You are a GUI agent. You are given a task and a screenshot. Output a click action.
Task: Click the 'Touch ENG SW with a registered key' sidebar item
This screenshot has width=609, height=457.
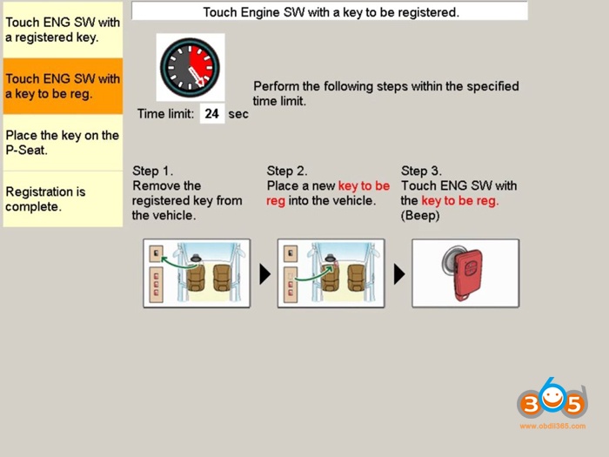pyautogui.click(x=63, y=30)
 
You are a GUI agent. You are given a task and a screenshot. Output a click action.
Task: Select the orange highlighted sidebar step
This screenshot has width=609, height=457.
pyautogui.click(x=63, y=86)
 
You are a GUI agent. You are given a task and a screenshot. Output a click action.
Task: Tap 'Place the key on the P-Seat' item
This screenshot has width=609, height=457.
pyautogui.click(x=63, y=143)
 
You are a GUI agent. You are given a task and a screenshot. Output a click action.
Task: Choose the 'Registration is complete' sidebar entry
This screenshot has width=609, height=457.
pyautogui.click(x=63, y=199)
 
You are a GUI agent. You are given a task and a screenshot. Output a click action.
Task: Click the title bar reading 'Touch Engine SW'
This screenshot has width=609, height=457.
pyautogui.click(x=330, y=12)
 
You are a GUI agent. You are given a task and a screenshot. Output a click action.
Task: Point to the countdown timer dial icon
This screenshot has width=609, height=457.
pyautogui.click(x=191, y=67)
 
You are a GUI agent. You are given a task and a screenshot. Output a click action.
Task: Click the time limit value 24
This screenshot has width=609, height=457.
pyautogui.click(x=211, y=113)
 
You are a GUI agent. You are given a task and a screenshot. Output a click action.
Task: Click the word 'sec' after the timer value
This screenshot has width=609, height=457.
pyautogui.click(x=238, y=114)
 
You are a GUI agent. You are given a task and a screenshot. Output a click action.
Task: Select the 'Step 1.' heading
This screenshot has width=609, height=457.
pyautogui.click(x=153, y=171)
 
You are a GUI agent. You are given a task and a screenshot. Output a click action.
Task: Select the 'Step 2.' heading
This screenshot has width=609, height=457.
pyautogui.click(x=287, y=171)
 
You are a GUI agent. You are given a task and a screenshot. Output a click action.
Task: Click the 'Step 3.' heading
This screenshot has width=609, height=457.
pyautogui.click(x=421, y=171)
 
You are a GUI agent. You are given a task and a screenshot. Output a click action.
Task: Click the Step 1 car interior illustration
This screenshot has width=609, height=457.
pyautogui.click(x=197, y=273)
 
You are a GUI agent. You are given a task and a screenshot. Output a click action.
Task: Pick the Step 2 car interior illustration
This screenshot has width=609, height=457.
pyautogui.click(x=331, y=273)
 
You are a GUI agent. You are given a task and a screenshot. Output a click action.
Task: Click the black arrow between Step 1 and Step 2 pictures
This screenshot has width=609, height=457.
pyautogui.click(x=264, y=274)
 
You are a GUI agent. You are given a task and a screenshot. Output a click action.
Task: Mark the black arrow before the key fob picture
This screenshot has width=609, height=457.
pyautogui.click(x=399, y=274)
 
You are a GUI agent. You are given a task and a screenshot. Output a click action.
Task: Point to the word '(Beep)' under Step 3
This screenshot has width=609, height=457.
pyautogui.click(x=420, y=215)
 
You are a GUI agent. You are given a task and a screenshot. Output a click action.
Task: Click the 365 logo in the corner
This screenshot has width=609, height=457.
pyautogui.click(x=552, y=401)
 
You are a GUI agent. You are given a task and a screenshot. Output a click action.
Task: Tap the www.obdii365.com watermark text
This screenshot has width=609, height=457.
pyautogui.click(x=552, y=426)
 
